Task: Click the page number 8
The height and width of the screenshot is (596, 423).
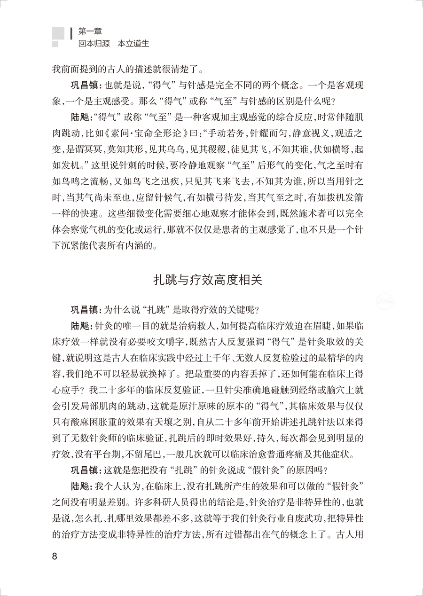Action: (55, 557)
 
